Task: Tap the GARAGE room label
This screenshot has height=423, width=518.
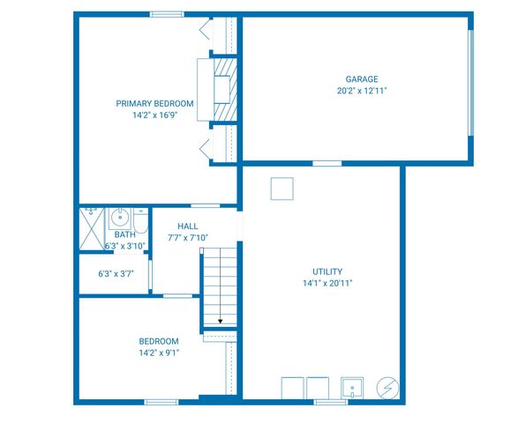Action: pyautogui.click(x=362, y=78)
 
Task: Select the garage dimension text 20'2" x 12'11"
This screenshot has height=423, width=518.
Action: pyautogui.click(x=362, y=91)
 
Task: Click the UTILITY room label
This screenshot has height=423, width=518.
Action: pyautogui.click(x=327, y=271)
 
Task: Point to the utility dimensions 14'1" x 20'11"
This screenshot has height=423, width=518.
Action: pyautogui.click(x=327, y=284)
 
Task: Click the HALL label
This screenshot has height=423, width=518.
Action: pyautogui.click(x=188, y=226)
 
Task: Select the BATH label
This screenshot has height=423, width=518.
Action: pyautogui.click(x=124, y=234)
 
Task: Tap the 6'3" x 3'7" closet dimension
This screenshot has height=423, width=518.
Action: pyautogui.click(x=115, y=274)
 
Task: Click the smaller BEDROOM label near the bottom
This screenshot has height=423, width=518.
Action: pyautogui.click(x=159, y=341)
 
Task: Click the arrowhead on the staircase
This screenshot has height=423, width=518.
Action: pyautogui.click(x=220, y=321)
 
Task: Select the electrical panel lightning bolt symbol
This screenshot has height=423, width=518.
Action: pyautogui.click(x=387, y=388)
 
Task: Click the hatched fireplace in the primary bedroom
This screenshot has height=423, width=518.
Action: pyautogui.click(x=226, y=87)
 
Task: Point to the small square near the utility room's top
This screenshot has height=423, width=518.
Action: pyautogui.click(x=282, y=189)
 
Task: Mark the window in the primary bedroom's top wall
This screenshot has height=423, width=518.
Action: pyautogui.click(x=166, y=14)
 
